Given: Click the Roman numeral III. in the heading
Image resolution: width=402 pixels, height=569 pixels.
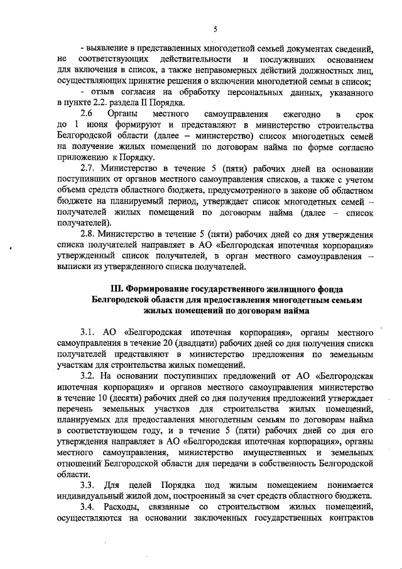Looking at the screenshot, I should click(x=116, y=289).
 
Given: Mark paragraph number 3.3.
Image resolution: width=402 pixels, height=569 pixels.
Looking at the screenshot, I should click(x=87, y=484).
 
